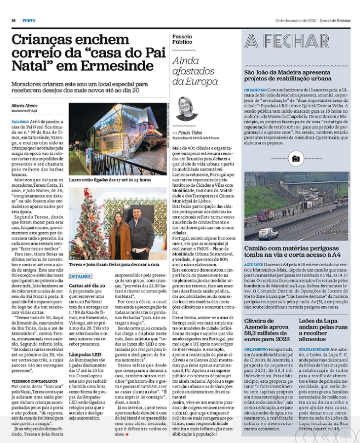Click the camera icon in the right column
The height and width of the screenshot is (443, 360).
click(x=296, y=159)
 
